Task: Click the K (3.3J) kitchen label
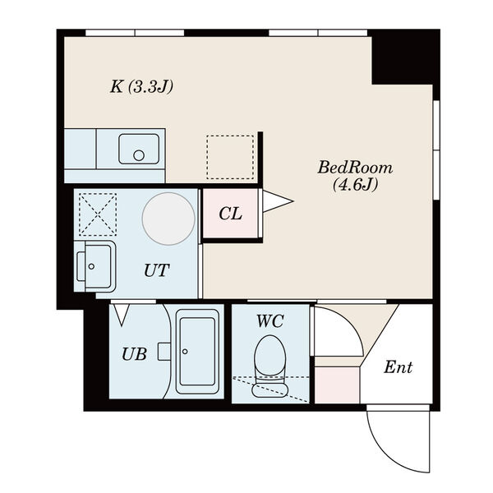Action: pyautogui.click(x=142, y=87)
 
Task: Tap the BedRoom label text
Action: pyautogui.click(x=355, y=168)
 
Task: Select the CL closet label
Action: pyautogui.click(x=230, y=214)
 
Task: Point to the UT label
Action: pyautogui.click(x=157, y=270)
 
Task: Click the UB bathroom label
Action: pyautogui.click(x=134, y=354)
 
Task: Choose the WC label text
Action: pyautogui.click(x=270, y=321)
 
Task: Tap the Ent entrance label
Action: pyautogui.click(x=399, y=367)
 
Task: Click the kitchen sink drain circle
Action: pyautogui.click(x=139, y=155)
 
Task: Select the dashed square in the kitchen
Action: pyautogui.click(x=230, y=157)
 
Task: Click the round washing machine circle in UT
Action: pyautogui.click(x=168, y=219)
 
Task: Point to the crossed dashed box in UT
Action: pyautogui.click(x=98, y=214)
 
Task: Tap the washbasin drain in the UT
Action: pyautogui.click(x=91, y=266)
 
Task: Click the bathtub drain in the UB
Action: pyautogui.click(x=185, y=351)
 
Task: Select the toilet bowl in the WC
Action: pyautogui.click(x=270, y=366)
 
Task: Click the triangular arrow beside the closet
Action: pyautogui.click(x=278, y=201)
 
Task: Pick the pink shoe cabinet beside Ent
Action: pyautogui.click(x=338, y=385)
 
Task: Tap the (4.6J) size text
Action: pyautogui.click(x=355, y=184)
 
